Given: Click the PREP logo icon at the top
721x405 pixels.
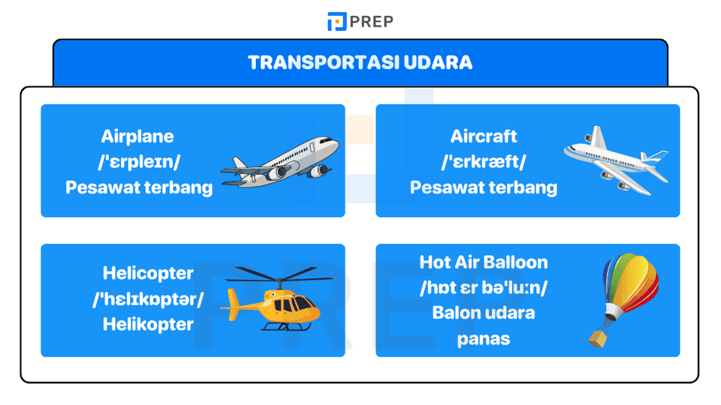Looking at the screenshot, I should pos(336,21).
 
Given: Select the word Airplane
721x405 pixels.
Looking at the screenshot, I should pos(138,136).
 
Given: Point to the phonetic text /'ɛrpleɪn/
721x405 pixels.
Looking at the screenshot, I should pos(138,162).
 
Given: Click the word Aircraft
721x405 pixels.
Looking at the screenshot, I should pos(484,136).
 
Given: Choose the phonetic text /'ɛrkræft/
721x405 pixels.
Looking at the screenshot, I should pos(484,162).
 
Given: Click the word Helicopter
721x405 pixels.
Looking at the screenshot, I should pos(148,274).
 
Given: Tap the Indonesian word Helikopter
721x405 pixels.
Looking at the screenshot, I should pos(148,324).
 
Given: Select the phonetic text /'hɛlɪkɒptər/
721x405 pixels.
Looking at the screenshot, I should pos(148,299).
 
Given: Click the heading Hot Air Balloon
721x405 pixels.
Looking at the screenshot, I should pos(484,262).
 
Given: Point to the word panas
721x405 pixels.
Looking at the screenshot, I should pos(484,339).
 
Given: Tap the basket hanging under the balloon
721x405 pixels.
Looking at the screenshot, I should pos(598,337).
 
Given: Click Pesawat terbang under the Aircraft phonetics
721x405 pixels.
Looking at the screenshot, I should pos(484,188).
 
